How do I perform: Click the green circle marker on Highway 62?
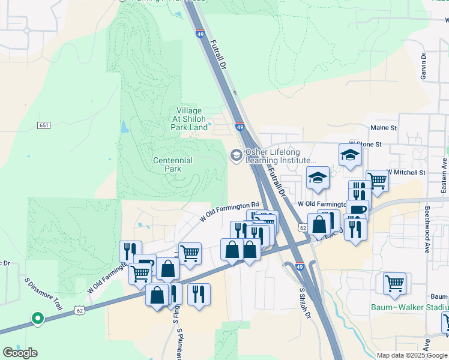[37, 318]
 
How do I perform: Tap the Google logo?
[20, 353]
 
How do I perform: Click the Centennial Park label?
[173, 164]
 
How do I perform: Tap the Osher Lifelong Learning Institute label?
[280, 157]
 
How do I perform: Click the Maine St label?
[384, 128]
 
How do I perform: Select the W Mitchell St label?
[406, 172]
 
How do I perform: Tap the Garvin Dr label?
[423, 66]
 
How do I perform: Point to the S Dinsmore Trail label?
[44, 293]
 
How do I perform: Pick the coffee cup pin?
[357, 210]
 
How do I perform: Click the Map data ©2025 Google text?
[411, 355]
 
